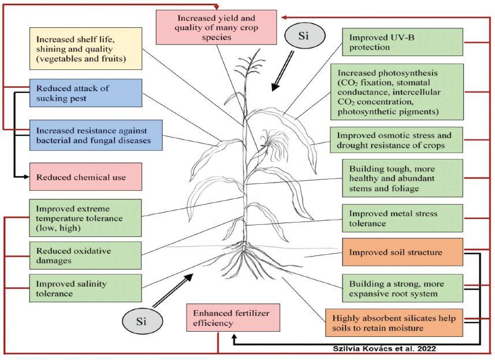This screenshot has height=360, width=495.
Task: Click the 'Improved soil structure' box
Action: pos(403,253)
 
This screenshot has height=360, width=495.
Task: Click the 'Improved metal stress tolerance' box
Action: pos(403,218)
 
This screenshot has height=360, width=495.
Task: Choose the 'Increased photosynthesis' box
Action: pos(402,91)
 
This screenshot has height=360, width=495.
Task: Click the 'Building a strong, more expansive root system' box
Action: pos(403,288)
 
